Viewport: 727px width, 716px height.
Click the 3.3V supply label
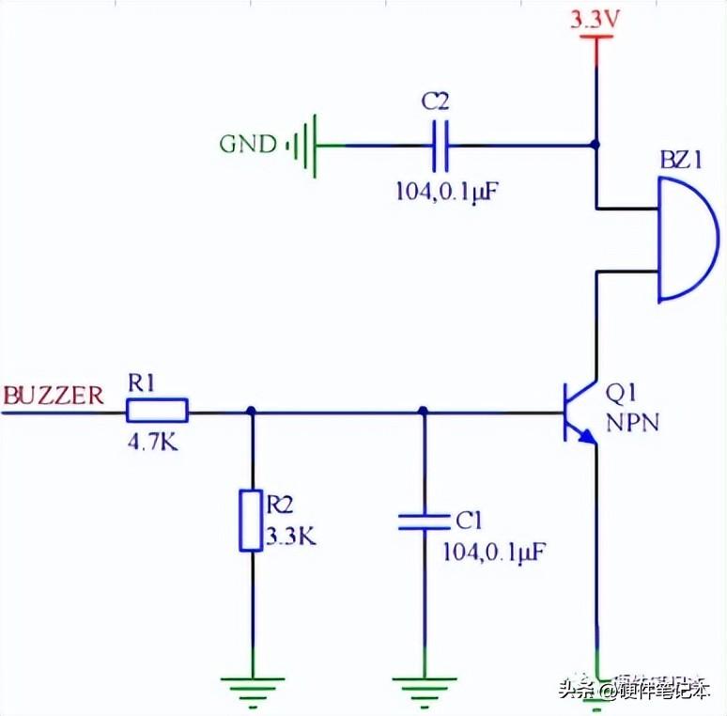(x=595, y=20)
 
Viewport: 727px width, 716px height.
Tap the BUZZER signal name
(x=54, y=396)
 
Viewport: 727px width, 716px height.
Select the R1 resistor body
(x=157, y=411)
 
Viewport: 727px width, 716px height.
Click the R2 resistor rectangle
(x=251, y=521)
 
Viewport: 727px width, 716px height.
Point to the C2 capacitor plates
(x=440, y=146)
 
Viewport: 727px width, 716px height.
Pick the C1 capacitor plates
(x=425, y=521)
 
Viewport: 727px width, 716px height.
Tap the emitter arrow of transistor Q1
(x=586, y=436)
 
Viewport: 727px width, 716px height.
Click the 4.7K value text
(x=152, y=444)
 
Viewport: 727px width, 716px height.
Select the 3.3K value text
(x=291, y=537)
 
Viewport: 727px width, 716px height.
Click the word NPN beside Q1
(x=632, y=423)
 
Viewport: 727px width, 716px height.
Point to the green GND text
(x=248, y=144)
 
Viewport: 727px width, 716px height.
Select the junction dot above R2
(x=252, y=411)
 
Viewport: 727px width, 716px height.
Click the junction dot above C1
(x=423, y=411)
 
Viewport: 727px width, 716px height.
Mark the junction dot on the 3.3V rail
(x=596, y=145)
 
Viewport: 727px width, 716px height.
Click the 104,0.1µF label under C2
(x=447, y=191)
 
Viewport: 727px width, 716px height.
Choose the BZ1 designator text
(x=681, y=161)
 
